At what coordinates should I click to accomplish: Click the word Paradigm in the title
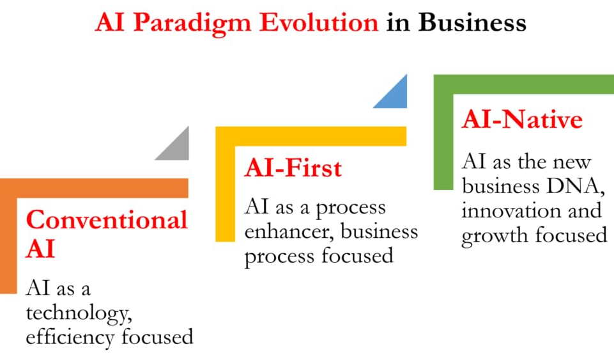click(x=192, y=24)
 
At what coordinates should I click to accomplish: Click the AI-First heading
click(x=293, y=168)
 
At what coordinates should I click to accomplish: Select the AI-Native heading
click(x=522, y=119)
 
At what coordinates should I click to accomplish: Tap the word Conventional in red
click(x=107, y=219)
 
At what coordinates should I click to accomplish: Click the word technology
click(x=79, y=313)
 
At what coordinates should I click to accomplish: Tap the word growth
click(x=495, y=236)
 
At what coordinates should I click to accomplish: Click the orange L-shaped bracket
click(x=8, y=235)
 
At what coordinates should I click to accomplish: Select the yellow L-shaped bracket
click(x=225, y=184)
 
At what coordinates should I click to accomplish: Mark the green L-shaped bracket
click(x=443, y=133)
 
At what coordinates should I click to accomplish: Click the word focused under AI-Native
click(x=571, y=235)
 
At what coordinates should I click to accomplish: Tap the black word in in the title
click(x=398, y=22)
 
